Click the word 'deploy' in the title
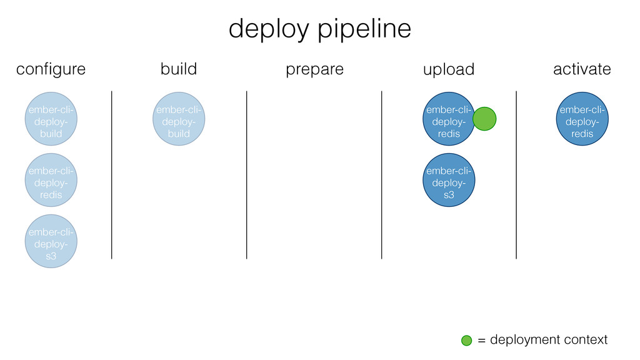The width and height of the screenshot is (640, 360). coord(269,29)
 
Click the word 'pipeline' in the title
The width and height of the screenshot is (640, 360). coord(364,29)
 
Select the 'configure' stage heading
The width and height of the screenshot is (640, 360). coord(51,69)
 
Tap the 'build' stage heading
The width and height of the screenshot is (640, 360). coord(179,69)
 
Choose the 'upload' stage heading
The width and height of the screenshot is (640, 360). coord(449,69)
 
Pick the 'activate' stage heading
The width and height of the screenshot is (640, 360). coord(582,69)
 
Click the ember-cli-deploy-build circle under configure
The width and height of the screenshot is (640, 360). coord(51,119)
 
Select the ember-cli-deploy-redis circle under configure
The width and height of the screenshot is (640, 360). coord(51,180)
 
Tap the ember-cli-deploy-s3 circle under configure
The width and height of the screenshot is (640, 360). coord(51,241)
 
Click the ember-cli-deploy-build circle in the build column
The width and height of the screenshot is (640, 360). coord(179,119)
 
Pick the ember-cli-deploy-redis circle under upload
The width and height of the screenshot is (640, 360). coord(449,119)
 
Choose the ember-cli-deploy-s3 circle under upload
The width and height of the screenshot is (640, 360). coord(449,180)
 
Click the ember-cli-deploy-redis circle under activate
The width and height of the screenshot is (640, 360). coord(582,119)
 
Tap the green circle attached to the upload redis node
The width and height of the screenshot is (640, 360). coord(484,119)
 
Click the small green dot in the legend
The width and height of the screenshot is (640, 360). coord(466,341)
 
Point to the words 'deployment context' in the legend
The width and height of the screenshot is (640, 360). coord(549,340)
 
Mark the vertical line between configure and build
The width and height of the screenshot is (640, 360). coord(111,175)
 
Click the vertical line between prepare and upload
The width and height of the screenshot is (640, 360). coord(382,175)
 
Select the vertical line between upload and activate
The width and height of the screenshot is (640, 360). coord(516,175)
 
